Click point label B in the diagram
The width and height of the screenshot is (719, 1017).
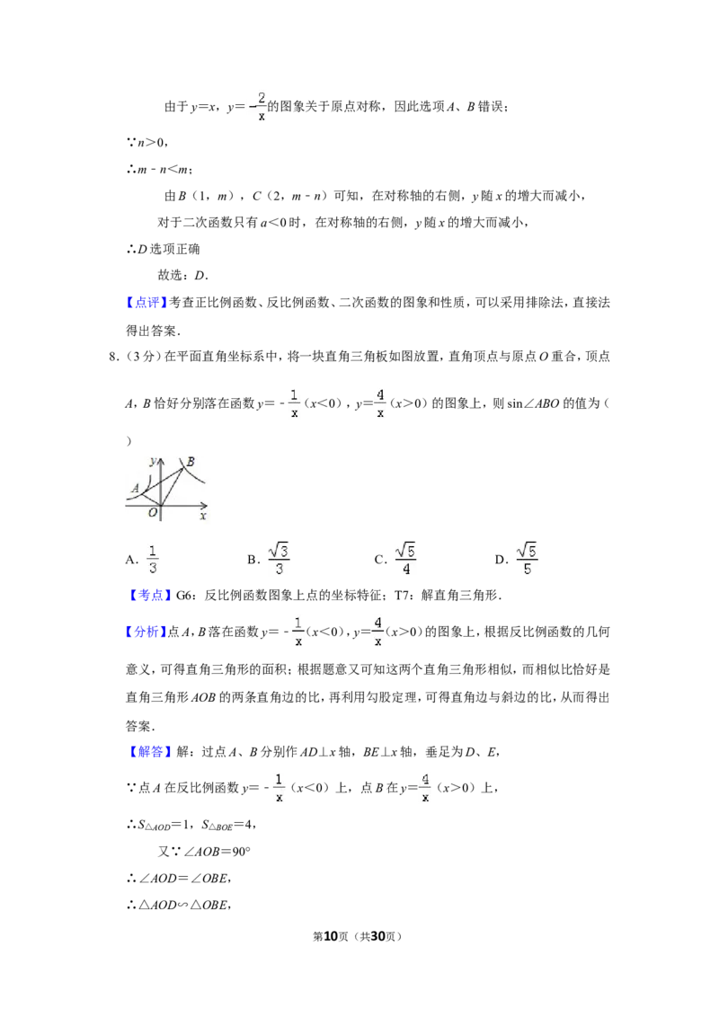[191, 462]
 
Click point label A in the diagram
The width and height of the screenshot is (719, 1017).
[135, 488]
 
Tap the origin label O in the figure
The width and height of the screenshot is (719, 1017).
[153, 512]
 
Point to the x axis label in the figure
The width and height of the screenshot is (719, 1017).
[203, 516]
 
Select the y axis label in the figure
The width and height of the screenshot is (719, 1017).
[153, 462]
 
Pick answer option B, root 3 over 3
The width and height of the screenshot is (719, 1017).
[268, 559]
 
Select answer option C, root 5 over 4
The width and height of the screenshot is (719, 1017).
[395, 559]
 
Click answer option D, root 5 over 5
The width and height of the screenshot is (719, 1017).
[516, 559]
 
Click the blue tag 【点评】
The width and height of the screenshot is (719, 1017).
[146, 302]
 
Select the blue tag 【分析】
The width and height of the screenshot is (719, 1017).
[146, 632]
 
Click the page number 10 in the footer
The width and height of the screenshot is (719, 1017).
[331, 936]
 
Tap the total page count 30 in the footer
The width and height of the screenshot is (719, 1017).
[377, 936]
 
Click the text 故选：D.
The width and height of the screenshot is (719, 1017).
[183, 275]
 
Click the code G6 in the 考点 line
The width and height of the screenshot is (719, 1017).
[184, 595]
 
